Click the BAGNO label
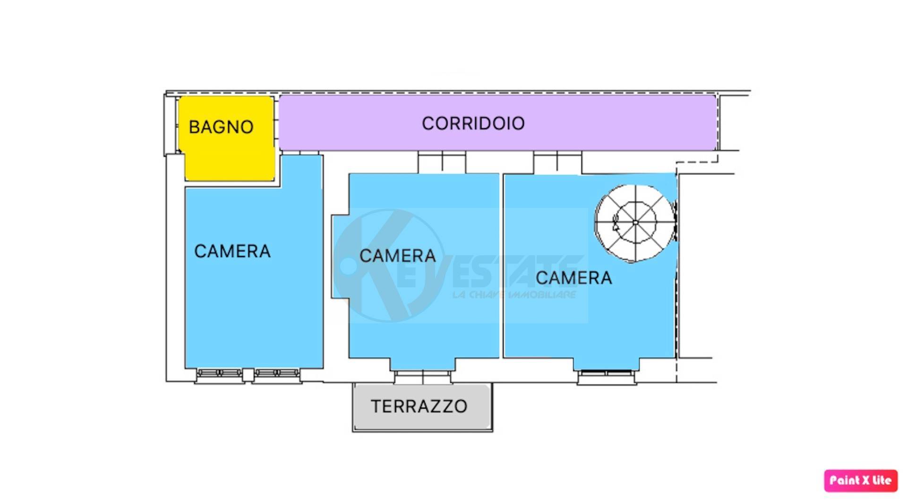(x=221, y=127)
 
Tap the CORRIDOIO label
(x=473, y=123)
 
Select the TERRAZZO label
(x=419, y=406)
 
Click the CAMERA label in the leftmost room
(x=232, y=251)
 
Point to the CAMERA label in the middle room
(x=398, y=256)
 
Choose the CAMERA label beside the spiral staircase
(x=573, y=278)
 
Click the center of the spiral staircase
(x=635, y=222)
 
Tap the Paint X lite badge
(x=860, y=481)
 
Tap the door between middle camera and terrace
(x=422, y=377)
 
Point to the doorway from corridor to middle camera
(x=442, y=162)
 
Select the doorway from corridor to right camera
(x=557, y=162)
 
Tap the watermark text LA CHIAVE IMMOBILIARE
(x=514, y=295)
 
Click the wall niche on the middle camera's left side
(x=340, y=257)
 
